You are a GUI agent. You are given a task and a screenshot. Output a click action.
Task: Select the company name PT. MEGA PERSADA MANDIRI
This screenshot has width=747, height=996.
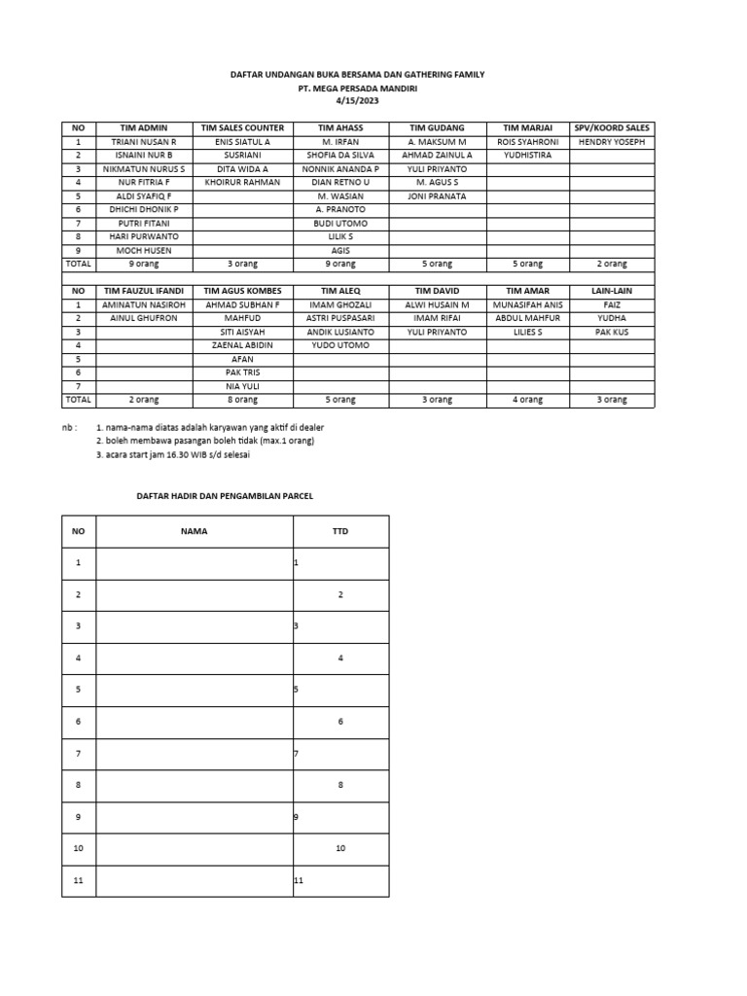click(352, 89)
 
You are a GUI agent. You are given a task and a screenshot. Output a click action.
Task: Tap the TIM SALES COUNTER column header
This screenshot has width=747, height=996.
click(242, 127)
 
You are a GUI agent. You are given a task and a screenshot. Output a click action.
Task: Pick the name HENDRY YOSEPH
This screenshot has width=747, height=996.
click(611, 142)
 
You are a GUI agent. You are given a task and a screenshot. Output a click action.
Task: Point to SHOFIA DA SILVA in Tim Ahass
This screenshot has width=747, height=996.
click(340, 156)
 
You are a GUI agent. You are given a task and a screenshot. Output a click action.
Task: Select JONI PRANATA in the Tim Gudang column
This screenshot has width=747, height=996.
click(437, 196)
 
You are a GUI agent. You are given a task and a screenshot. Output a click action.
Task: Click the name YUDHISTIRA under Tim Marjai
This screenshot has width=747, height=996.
click(527, 156)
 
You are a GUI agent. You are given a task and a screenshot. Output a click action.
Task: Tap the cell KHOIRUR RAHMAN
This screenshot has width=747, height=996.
click(242, 183)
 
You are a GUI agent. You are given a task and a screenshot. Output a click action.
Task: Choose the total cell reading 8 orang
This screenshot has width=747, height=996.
click(242, 400)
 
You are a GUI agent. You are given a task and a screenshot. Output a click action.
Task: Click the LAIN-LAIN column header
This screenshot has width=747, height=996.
click(611, 291)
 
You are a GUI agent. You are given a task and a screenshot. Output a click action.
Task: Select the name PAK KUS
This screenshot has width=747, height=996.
click(611, 332)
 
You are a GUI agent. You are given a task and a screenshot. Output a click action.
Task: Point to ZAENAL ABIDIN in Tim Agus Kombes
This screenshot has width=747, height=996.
click(242, 345)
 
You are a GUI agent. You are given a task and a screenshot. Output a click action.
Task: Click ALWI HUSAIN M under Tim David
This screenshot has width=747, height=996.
click(437, 304)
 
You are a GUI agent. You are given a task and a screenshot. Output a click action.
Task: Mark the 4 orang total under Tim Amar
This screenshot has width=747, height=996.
click(527, 400)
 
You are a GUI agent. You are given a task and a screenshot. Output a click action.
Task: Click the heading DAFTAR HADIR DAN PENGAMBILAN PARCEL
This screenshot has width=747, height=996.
click(224, 496)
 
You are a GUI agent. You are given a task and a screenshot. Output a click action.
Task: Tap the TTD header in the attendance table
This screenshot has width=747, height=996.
click(340, 532)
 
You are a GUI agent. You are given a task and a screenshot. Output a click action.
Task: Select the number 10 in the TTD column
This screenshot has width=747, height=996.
click(340, 849)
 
